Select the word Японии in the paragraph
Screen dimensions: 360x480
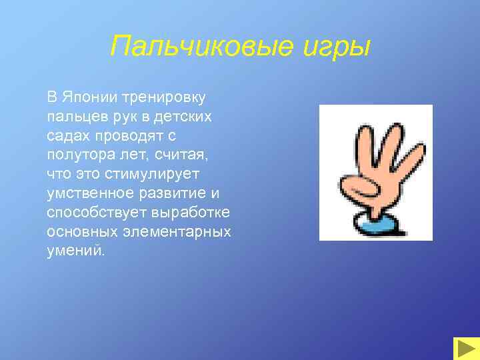pos(89,97)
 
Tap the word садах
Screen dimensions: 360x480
pos(67,135)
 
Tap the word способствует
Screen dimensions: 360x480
pos(89,213)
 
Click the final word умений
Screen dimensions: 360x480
pos(75,251)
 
